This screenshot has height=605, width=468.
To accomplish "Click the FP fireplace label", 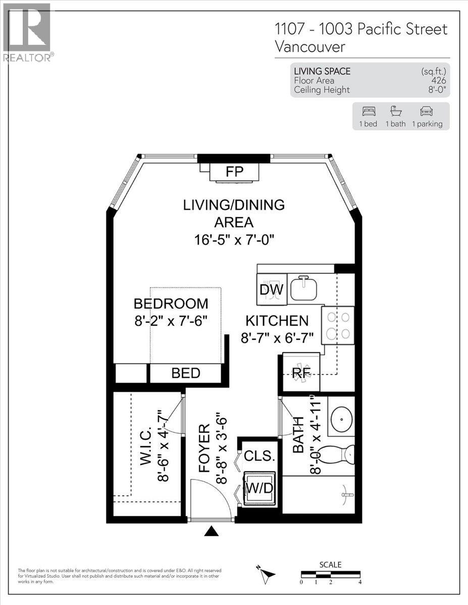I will coord(235,172).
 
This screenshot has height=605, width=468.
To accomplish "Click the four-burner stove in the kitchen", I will coord(338,325).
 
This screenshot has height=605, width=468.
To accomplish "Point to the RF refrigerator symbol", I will coord(301,373).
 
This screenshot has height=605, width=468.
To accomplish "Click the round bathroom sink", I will coord(341,417).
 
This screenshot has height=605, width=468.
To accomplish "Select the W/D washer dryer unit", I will coord(259,488).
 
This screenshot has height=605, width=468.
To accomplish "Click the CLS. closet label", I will coord(259,456).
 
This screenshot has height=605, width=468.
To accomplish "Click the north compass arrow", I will coord(267,573).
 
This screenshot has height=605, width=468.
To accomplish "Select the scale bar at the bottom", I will coord(330,574).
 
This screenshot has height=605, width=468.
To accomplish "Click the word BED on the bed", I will coord(186,374).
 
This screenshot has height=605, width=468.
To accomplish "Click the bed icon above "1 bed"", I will coord(369,111).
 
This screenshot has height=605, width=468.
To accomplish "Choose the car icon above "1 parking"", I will coord(427,111).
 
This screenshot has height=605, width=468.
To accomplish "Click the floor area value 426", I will coord(438,81).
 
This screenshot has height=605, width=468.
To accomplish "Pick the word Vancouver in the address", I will coord(310,47).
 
